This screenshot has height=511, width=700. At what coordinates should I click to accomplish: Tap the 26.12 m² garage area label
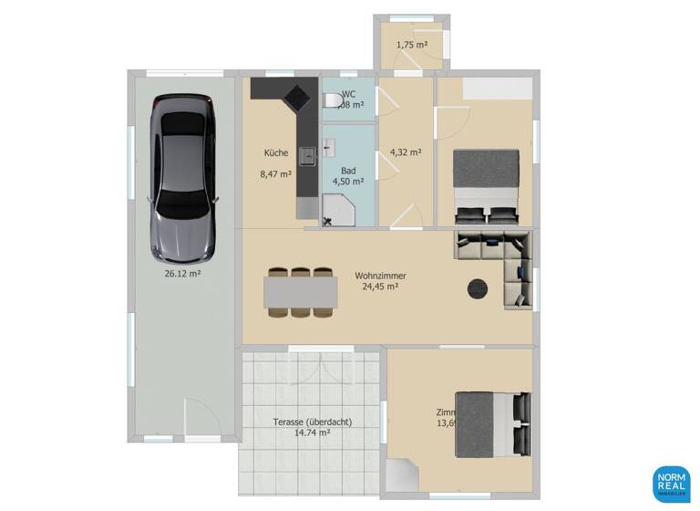182,272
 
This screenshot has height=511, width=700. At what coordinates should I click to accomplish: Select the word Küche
276,152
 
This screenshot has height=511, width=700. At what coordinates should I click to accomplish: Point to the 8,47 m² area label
277,173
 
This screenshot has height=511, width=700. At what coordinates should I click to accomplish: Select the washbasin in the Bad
330,145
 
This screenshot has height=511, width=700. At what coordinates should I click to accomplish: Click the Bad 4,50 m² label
348,175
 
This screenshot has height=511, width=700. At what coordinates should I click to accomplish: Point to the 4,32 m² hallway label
405,152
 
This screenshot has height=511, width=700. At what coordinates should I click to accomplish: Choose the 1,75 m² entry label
411,44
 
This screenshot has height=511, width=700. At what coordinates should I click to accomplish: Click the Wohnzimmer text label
380,276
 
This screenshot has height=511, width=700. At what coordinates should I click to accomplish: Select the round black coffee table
478,289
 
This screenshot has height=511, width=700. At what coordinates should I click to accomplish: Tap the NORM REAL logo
671,484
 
